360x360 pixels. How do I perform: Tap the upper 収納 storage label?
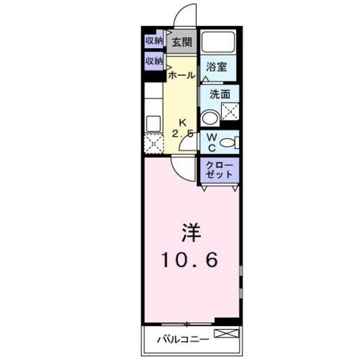tap(154, 40)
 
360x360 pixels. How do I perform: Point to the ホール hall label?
tap(182, 74)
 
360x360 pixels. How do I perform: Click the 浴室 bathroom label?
tap(216, 67)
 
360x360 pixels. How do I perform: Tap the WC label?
tap(209, 142)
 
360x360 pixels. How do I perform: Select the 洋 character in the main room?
tap(191, 232)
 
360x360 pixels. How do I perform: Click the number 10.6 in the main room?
tap(191, 259)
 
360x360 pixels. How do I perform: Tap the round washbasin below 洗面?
tap(209, 118)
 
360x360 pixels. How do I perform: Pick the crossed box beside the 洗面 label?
tap(230, 113)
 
